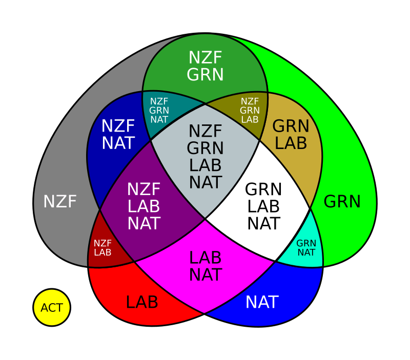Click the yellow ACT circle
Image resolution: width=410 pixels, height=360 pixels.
[x=52, y=308]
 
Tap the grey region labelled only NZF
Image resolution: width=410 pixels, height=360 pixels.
[x=59, y=202]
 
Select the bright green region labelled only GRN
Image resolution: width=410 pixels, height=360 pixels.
[x=342, y=202]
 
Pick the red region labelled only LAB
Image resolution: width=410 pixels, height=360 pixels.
[x=141, y=302]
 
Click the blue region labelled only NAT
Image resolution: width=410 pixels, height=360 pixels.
[x=261, y=302]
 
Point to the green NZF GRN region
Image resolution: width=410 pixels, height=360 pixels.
[x=205, y=66]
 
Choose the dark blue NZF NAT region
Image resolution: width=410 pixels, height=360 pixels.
[x=118, y=135]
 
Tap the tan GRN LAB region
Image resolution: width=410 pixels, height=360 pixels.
[x=291, y=134]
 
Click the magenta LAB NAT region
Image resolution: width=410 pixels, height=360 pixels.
[x=205, y=266]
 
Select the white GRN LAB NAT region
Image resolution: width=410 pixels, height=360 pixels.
[x=263, y=206]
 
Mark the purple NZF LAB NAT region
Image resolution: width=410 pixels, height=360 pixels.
[x=144, y=206]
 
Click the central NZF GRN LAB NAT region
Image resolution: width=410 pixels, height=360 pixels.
[x=205, y=157]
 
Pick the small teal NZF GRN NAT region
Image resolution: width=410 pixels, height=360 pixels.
[x=159, y=111]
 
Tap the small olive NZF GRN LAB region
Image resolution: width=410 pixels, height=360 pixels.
[x=250, y=111]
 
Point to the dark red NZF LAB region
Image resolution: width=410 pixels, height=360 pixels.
[x=102, y=248]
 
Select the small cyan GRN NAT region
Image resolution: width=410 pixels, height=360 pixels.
[x=306, y=248]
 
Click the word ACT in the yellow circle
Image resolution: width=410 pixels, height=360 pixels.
[x=52, y=308]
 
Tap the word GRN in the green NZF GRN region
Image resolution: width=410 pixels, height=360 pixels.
[x=205, y=75]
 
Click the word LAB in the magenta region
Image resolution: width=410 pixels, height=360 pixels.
[x=205, y=258]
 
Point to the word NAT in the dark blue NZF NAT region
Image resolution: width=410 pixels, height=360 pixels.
[x=118, y=143]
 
